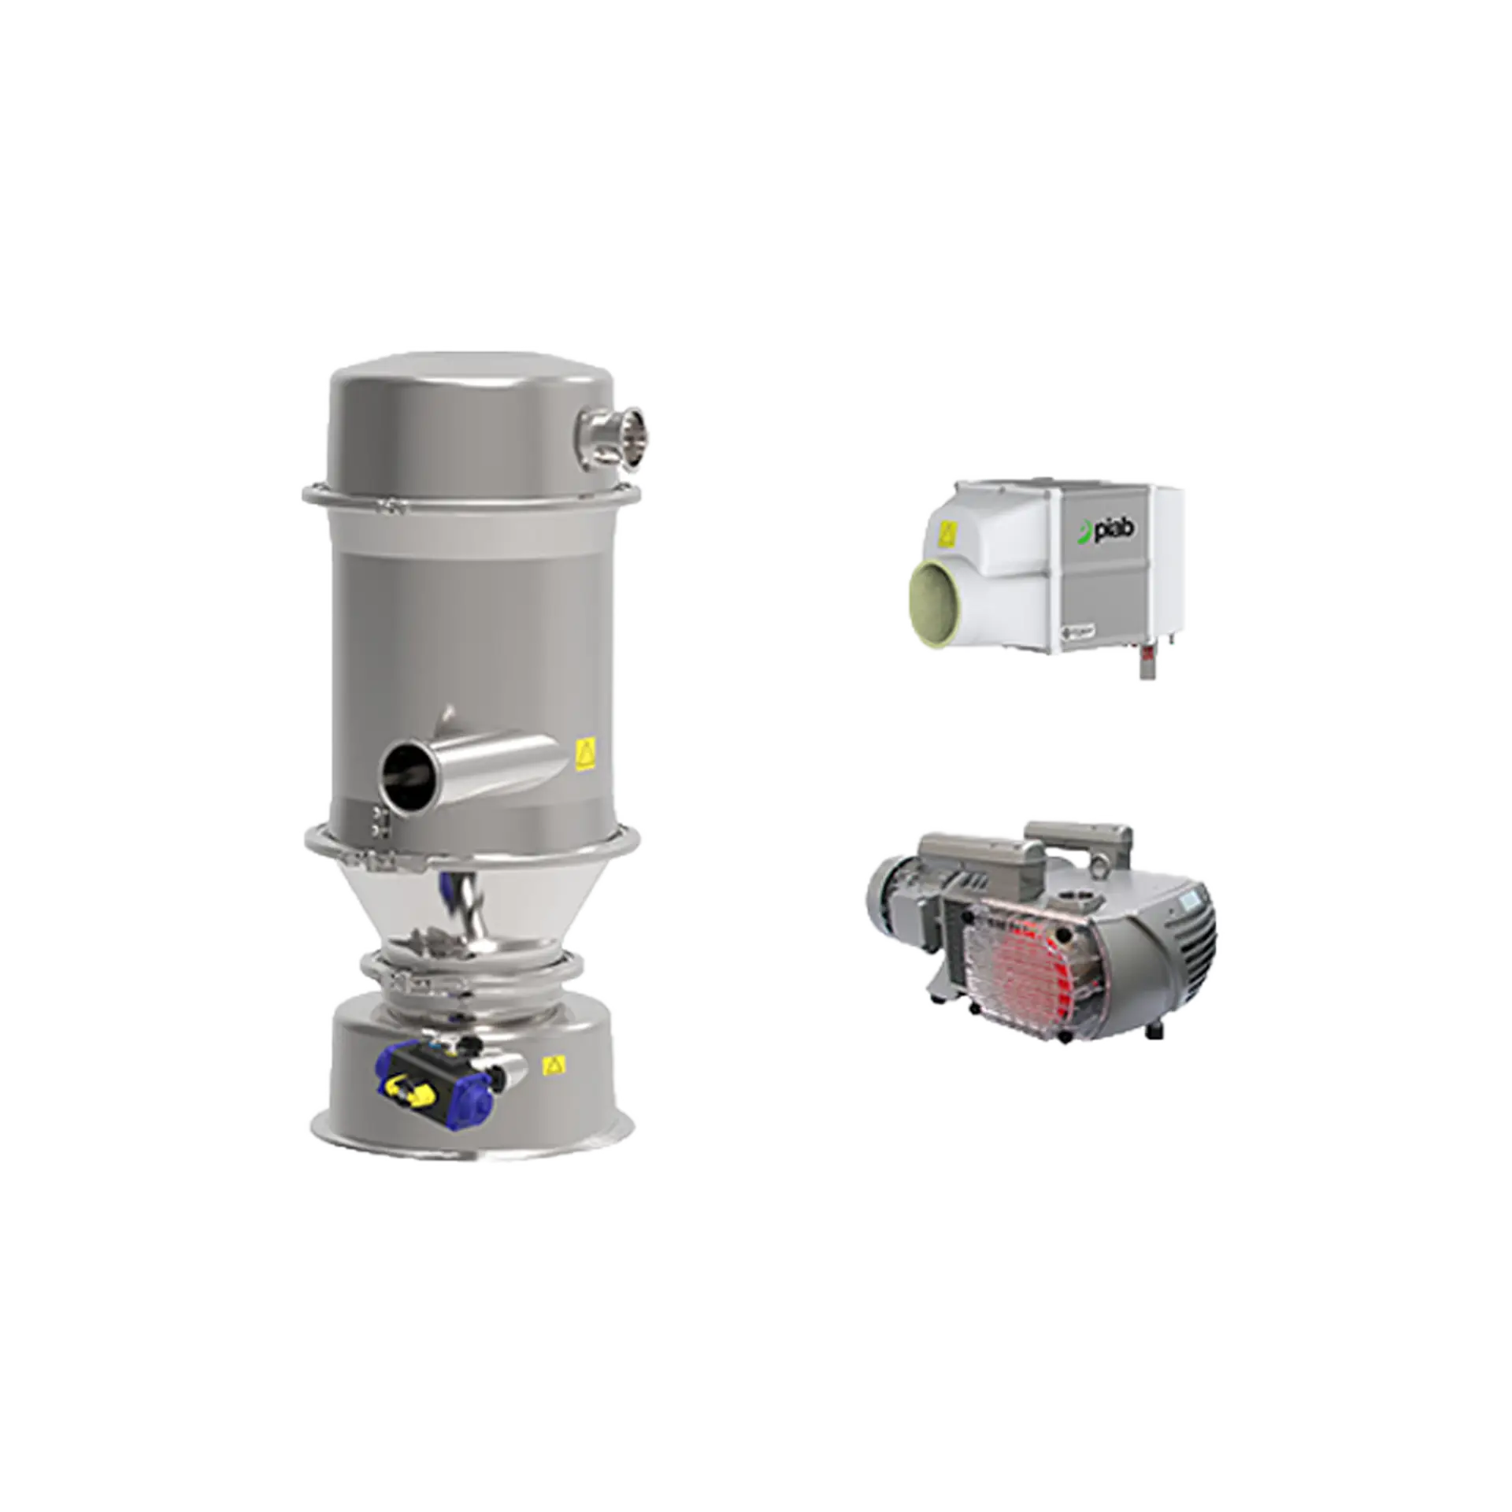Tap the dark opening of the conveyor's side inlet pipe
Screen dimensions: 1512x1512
click(x=402, y=773)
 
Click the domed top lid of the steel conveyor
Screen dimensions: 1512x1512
click(x=472, y=386)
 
